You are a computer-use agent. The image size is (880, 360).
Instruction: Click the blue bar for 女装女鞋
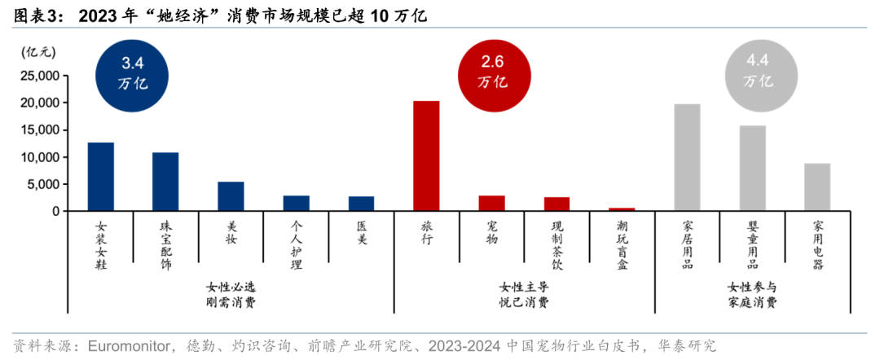(101, 177)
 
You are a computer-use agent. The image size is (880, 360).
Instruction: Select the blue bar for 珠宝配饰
(165, 182)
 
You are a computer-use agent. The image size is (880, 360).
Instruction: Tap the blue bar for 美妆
(231, 196)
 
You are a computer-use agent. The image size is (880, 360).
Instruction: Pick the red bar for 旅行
(426, 156)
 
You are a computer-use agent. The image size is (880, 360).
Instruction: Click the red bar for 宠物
(491, 203)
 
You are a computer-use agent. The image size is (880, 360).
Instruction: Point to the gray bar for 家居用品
(687, 157)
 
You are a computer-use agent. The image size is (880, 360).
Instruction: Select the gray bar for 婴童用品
(752, 168)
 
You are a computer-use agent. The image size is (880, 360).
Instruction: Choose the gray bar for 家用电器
(817, 187)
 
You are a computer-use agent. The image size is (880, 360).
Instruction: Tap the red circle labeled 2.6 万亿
(492, 72)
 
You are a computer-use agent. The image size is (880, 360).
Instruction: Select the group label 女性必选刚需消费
(231, 295)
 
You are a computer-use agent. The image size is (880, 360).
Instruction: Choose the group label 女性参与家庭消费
(752, 295)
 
